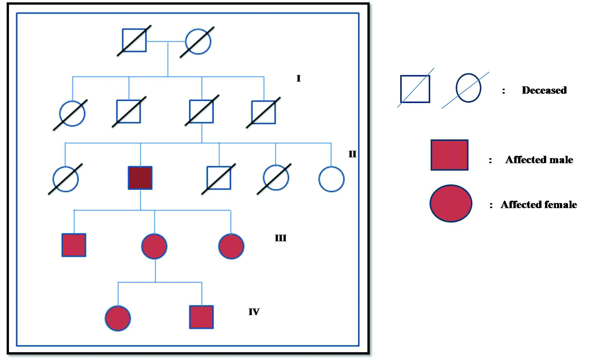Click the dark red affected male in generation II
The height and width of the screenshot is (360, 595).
point(140,178)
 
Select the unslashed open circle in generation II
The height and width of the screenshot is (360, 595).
point(331,179)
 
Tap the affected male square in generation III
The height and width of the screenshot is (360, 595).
point(74,245)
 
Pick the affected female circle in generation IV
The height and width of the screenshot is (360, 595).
point(118,318)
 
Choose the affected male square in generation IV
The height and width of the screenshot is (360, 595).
point(201,317)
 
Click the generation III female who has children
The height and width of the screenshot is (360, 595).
point(154,246)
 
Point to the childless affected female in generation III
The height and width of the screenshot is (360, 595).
point(231,246)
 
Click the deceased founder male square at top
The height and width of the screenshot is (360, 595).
point(134,40)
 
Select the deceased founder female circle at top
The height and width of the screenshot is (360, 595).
point(198,41)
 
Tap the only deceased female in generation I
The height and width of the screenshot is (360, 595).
point(72,114)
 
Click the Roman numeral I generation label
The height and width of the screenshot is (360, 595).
point(299,78)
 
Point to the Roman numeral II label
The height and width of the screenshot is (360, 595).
point(352,154)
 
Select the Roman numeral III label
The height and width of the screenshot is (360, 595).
point(281,238)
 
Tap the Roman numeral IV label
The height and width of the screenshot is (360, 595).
point(254,312)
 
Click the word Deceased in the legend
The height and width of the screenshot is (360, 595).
point(544,90)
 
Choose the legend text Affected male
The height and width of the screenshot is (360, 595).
point(539,160)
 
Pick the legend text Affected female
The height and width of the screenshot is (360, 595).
point(539,205)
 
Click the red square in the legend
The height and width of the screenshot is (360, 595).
point(449,155)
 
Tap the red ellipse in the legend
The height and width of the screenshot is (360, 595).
point(451,203)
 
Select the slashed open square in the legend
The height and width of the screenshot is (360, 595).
point(415,89)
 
